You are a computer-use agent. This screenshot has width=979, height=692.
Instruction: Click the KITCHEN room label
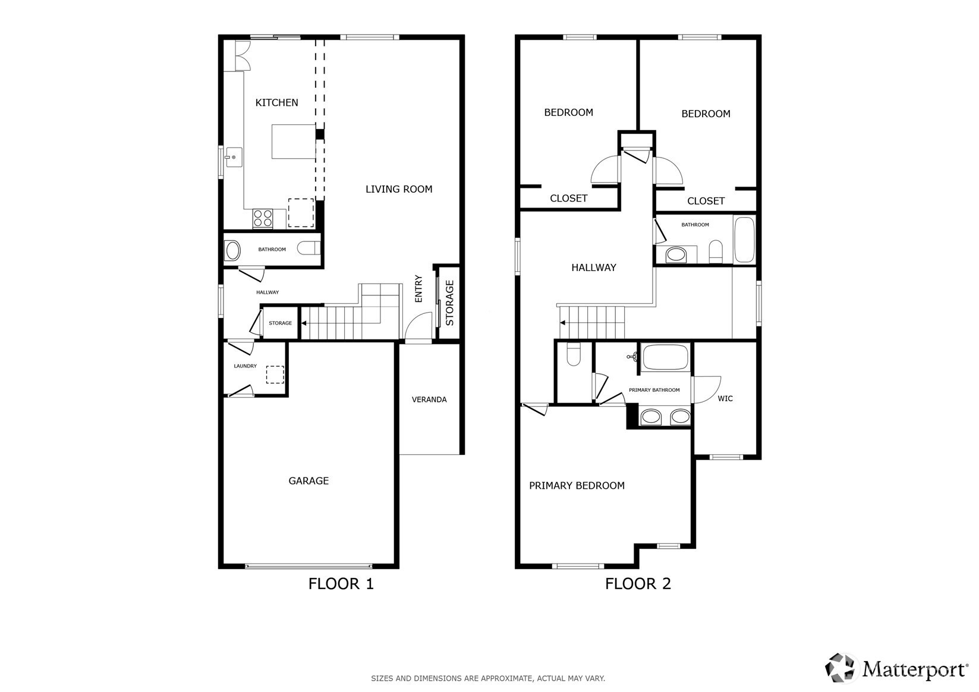click(x=276, y=103)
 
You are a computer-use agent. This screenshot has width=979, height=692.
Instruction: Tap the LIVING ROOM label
click(x=399, y=189)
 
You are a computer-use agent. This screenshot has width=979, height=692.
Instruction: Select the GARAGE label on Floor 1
click(x=309, y=481)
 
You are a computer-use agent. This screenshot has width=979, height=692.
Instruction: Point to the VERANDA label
click(x=429, y=400)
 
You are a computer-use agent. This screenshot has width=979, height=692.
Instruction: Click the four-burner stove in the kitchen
click(x=263, y=218)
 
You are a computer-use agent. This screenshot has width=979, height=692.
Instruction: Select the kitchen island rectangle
click(x=294, y=141)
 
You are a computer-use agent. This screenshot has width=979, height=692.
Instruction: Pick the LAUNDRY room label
click(x=245, y=366)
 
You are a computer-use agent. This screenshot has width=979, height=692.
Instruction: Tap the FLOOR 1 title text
click(x=341, y=584)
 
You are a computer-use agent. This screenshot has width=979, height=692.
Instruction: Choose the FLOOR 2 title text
click(x=638, y=584)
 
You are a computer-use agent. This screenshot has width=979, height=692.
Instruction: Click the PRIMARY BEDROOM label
click(x=577, y=486)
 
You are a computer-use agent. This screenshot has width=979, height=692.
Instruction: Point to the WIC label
click(x=725, y=399)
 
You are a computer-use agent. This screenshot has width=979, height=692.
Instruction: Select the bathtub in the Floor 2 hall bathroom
click(x=744, y=240)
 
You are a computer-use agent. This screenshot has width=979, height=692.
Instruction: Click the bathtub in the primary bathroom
click(x=665, y=357)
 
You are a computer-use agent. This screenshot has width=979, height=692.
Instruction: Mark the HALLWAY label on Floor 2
click(x=594, y=268)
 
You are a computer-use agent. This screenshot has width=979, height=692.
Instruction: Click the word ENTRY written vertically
click(x=418, y=288)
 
